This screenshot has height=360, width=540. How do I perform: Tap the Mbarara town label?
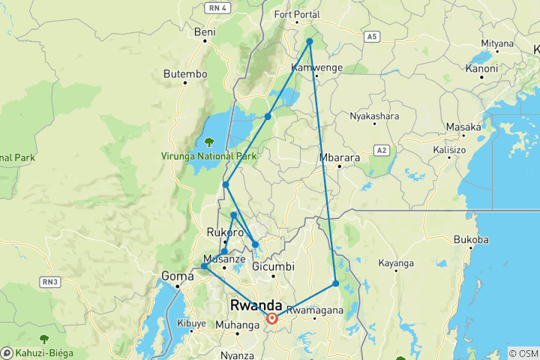click(340, 158)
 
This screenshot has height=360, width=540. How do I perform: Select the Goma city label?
click(178, 276)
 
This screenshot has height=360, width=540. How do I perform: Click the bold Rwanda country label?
click(256, 305)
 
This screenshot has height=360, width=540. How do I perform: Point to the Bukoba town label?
click(471, 240)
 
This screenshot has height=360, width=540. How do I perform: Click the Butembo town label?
click(184, 74)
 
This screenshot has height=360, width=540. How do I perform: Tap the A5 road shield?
click(372, 36)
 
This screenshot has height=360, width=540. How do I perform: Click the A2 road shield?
click(382, 150)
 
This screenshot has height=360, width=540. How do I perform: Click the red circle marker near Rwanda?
click(272, 319)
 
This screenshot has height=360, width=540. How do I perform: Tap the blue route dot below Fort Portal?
click(310, 42)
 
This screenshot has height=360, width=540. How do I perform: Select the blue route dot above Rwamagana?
click(336, 283)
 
